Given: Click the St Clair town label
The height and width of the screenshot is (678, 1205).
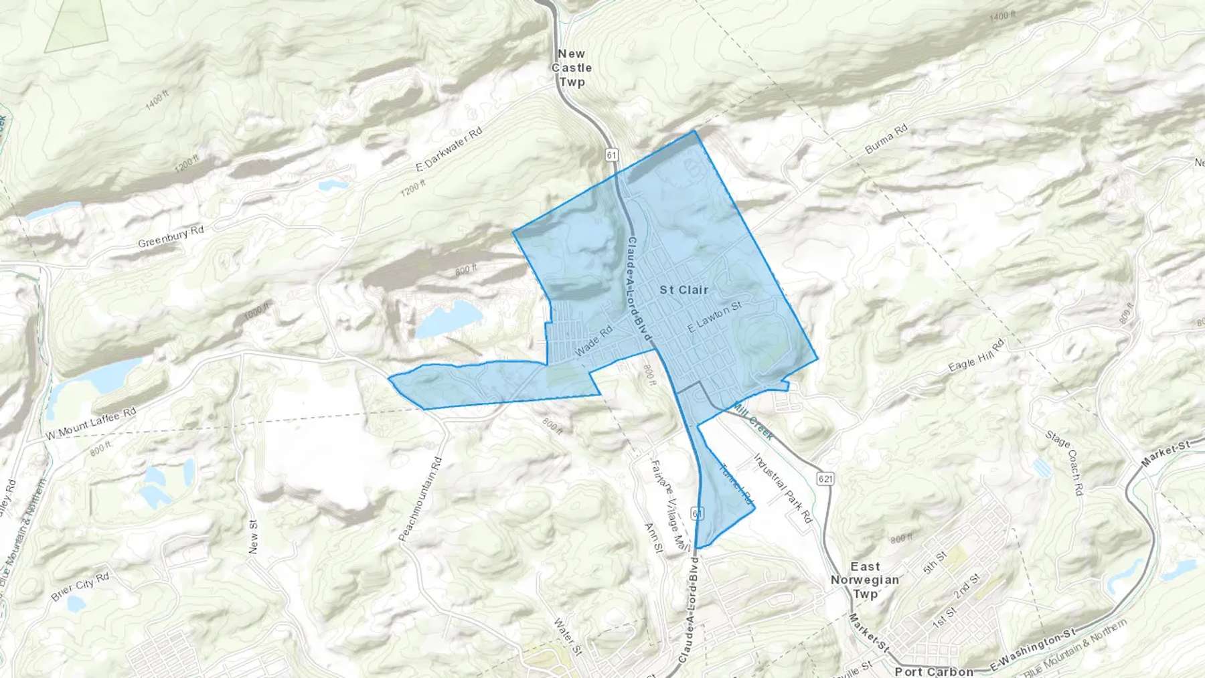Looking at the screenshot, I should [x=684, y=290].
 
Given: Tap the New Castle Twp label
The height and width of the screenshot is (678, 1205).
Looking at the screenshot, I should [x=572, y=68].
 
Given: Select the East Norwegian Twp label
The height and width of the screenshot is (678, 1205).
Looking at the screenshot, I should [x=865, y=580].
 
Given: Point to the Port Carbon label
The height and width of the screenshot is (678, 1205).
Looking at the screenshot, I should [x=934, y=671].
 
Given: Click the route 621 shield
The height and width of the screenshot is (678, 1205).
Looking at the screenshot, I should [x=825, y=479].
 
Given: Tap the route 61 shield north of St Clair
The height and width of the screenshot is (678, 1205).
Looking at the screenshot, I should [x=611, y=155].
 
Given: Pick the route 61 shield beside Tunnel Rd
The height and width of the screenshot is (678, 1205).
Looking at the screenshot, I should [x=698, y=513].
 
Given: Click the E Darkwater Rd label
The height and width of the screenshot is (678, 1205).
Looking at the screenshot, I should [x=449, y=149].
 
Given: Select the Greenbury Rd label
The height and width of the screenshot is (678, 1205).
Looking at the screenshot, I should [x=171, y=236].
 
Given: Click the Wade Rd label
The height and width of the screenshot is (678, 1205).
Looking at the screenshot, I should [x=594, y=341].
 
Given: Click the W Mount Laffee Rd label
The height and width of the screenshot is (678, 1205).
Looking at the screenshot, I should [x=91, y=424].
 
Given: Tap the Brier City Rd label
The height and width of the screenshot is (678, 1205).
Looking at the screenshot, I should [x=80, y=586].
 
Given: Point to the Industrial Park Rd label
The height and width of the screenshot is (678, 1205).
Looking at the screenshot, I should [x=783, y=489].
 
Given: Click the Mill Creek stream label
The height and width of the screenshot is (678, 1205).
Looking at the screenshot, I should [x=753, y=421].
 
